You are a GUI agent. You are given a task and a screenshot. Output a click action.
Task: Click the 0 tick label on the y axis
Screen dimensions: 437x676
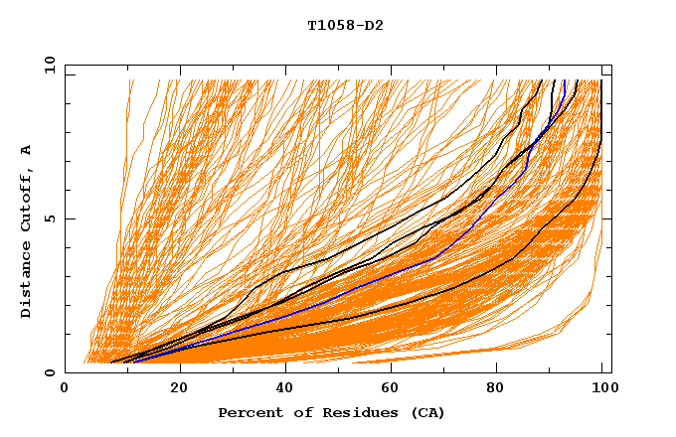(x=49, y=372)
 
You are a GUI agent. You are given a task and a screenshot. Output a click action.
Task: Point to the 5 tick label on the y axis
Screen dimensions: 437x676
(x=49, y=218)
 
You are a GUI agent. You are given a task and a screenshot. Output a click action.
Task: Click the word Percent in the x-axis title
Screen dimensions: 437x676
(x=247, y=412)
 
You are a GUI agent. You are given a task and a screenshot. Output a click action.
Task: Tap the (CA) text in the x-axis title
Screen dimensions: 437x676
(x=425, y=412)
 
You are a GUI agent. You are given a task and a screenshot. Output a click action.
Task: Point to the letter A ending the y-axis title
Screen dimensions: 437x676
(x=26, y=150)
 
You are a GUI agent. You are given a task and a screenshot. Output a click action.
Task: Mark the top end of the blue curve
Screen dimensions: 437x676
(x=565, y=80)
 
